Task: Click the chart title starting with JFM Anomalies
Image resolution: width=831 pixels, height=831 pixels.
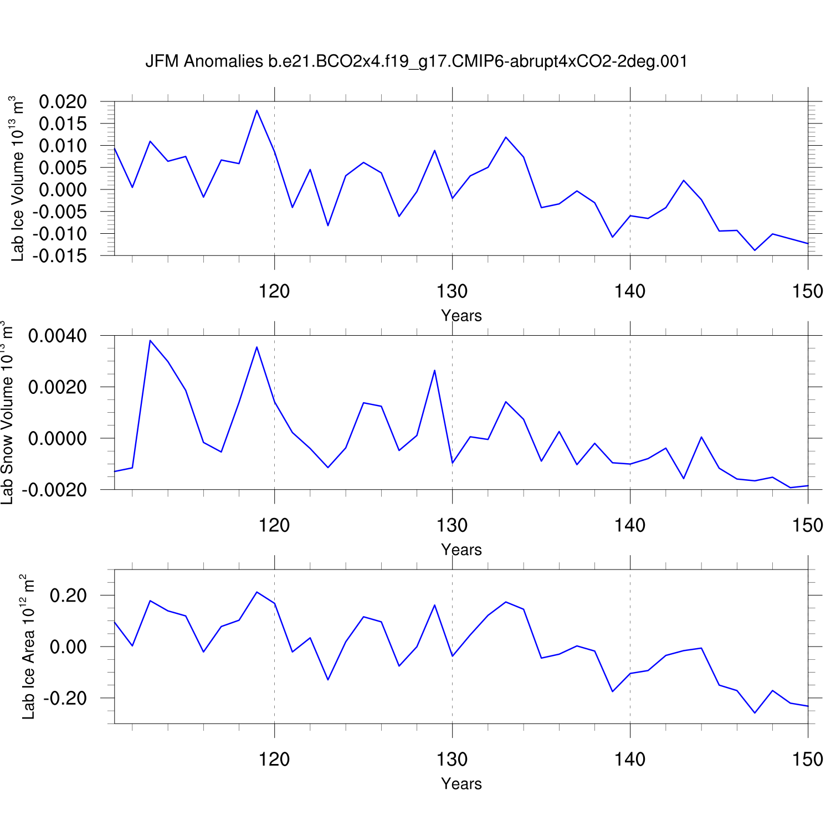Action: [x=416, y=61]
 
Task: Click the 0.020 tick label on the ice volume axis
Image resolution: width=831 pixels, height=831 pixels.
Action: [x=63, y=102]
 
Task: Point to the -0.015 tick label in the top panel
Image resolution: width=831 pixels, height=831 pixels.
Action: [x=59, y=256]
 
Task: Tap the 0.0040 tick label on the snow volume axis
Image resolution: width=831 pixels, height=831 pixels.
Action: [x=58, y=336]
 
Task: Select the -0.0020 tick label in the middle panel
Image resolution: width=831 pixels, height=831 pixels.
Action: [x=54, y=490]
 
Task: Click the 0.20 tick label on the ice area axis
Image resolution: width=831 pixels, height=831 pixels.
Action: [x=68, y=596]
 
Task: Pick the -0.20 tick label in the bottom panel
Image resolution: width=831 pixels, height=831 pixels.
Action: [x=65, y=699]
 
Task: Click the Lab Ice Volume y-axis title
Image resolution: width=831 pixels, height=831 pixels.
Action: [x=18, y=178]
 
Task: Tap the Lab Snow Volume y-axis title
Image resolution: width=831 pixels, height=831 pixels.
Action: [x=7, y=413]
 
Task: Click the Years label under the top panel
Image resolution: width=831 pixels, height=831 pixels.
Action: [x=461, y=316]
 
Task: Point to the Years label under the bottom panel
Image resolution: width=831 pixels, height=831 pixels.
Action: [x=461, y=784]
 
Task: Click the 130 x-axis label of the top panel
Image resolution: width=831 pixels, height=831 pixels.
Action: [x=452, y=291]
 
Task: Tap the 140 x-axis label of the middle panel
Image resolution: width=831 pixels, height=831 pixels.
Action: [x=630, y=525]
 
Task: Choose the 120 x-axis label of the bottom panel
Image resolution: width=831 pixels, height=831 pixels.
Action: [x=274, y=760]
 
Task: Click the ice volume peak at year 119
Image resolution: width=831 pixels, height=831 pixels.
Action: [x=257, y=110]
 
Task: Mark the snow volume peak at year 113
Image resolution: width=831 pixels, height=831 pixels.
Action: [x=150, y=340]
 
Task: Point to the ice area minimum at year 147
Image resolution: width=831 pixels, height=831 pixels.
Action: [x=755, y=713]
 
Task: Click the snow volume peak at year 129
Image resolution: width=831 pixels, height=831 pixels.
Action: [x=434, y=370]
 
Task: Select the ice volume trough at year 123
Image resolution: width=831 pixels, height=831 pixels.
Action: [x=328, y=225]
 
